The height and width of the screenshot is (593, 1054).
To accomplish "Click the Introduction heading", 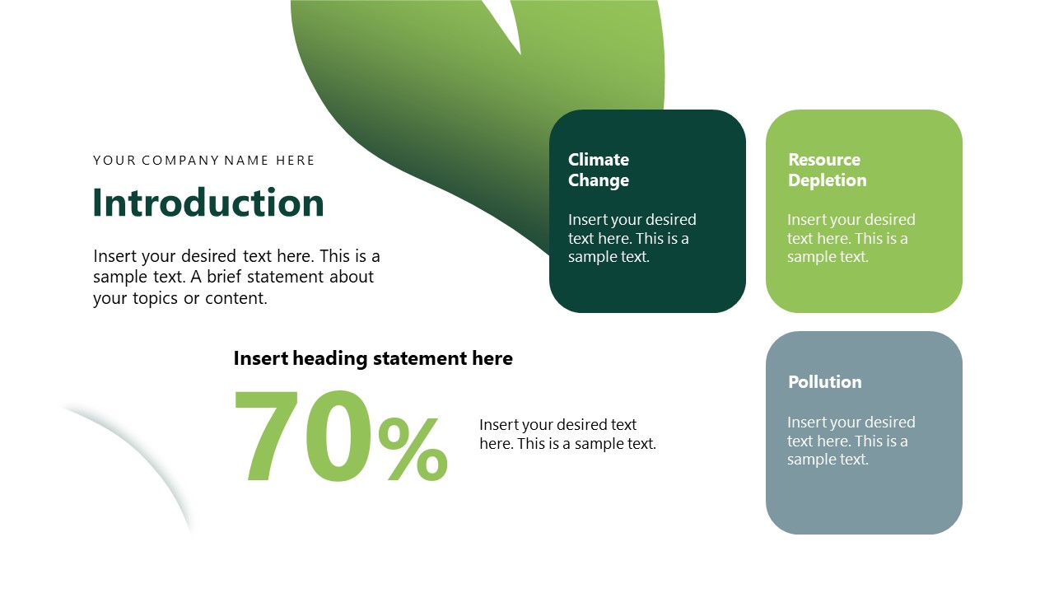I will coord(208,203).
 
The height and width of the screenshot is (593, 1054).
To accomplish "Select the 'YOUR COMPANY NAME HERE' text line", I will coord(204,161).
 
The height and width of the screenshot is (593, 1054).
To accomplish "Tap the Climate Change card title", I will coord(599,170).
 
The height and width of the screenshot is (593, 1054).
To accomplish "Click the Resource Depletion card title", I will coord(827,170).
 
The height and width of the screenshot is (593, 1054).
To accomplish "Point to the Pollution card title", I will coord(824,382).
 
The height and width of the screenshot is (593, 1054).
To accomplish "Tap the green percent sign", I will coord(413,450).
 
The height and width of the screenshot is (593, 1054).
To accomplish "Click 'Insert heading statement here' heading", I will coord(373,358).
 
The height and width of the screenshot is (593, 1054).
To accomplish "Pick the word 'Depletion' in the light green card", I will coord(827,180).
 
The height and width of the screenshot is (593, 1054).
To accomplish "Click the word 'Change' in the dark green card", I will coord(599,180).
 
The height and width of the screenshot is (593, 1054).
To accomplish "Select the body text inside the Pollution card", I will coord(851,441).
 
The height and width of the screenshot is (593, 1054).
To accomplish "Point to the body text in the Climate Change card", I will coord(632,238).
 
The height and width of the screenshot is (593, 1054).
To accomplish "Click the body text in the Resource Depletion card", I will coord(851,238).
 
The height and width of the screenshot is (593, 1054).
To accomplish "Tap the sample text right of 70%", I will coord(567,434).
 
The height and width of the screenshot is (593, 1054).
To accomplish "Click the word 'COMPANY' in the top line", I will coord(182,161).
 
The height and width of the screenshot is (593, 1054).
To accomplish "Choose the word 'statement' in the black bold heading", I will coord(420,358).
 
